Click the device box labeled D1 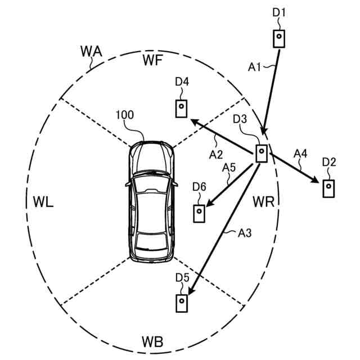[x=279, y=38]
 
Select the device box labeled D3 [x=261, y=153]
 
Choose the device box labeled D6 [x=200, y=213]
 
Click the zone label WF [x=153, y=60]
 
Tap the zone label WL [x=43, y=202]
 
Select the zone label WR [x=263, y=201]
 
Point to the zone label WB [x=152, y=341]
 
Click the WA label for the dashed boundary [x=91, y=52]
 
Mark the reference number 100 [x=124, y=115]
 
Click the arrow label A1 [x=255, y=67]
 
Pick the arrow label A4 [x=301, y=152]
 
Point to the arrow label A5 [x=229, y=167]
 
